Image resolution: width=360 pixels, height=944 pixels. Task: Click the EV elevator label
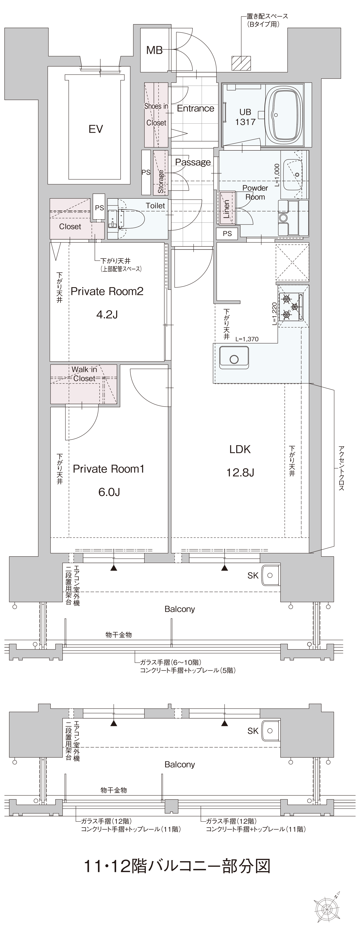[x=96, y=129]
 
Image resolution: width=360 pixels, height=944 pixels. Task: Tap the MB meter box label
[x=154, y=50]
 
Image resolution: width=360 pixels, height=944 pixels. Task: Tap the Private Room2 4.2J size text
[x=107, y=314]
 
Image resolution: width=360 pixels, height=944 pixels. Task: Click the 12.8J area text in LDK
[x=240, y=473]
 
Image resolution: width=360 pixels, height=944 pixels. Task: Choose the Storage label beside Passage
[x=160, y=181]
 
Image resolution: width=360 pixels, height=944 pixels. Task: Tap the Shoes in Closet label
[x=156, y=114]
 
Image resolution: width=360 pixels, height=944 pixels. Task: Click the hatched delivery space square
[x=241, y=63]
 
